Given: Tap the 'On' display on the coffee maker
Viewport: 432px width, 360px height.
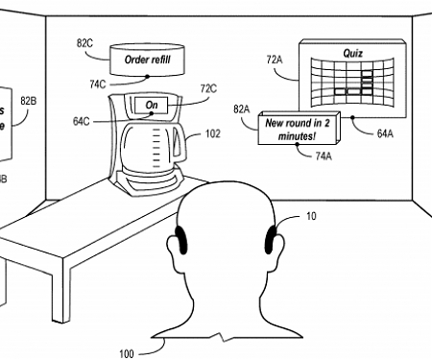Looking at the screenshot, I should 151,104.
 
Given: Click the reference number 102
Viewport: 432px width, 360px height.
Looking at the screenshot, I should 212,133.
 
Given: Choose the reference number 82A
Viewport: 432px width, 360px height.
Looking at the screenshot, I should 241,110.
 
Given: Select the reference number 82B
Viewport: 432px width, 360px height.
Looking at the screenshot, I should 28,100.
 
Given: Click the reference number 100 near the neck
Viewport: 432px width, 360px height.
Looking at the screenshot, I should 127,352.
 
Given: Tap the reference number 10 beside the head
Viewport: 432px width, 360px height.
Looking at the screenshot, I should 310,217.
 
